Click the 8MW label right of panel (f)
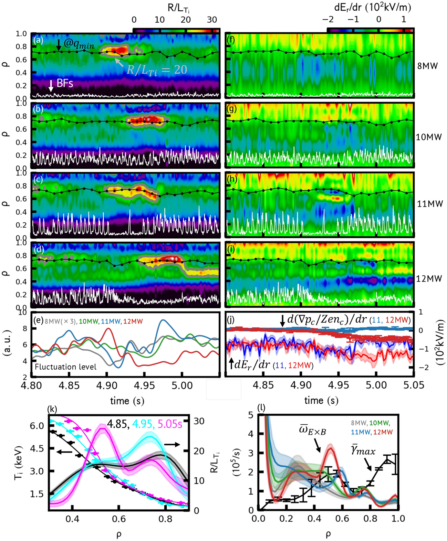click(427, 66)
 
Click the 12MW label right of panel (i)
click(429, 279)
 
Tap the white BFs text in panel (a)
click(65, 83)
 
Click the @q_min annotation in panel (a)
click(79, 44)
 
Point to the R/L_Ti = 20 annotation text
click(157, 70)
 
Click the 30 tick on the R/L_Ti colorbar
click(212, 20)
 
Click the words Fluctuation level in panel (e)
click(65, 367)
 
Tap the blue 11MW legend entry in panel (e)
click(110, 321)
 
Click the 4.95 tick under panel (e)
click(144, 385)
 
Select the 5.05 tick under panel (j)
click(414, 385)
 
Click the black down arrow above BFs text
click(51, 85)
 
